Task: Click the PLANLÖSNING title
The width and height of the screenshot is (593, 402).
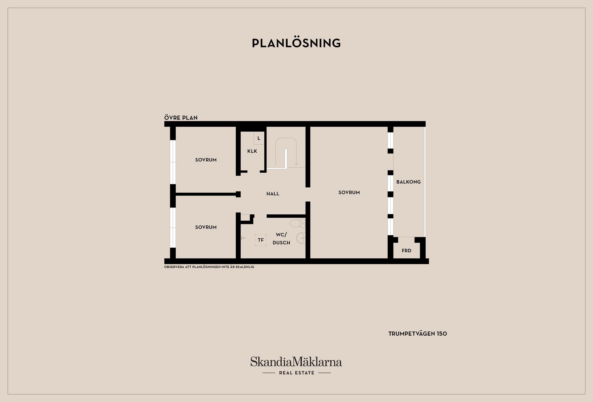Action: pyautogui.click(x=296, y=43)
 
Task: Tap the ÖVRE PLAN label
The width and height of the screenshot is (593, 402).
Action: pyautogui.click(x=181, y=118)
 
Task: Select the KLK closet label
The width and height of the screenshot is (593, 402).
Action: pyautogui.click(x=252, y=151)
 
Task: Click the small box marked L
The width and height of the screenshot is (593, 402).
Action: pyautogui.click(x=259, y=138)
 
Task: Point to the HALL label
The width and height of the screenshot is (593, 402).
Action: pyautogui.click(x=273, y=194)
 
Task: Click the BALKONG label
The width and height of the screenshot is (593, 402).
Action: pyautogui.click(x=408, y=182)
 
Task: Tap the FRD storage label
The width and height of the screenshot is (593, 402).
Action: pyautogui.click(x=406, y=251)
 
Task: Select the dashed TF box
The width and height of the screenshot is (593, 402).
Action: pyautogui.click(x=261, y=240)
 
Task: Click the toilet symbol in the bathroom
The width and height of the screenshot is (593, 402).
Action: pyautogui.click(x=297, y=223)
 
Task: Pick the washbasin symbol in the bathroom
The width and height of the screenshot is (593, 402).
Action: pyautogui.click(x=301, y=238)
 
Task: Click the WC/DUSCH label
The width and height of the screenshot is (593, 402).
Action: pyautogui.click(x=281, y=239)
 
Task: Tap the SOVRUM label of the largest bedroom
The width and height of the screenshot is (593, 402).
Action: pyautogui.click(x=349, y=193)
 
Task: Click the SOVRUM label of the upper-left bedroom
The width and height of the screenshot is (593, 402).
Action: pyautogui.click(x=206, y=160)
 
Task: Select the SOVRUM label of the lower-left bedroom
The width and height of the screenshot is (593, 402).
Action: pyautogui.click(x=206, y=227)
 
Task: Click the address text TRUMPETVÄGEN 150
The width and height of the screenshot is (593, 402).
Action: pyautogui.click(x=418, y=334)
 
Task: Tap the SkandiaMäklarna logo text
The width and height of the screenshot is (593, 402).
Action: pyautogui.click(x=296, y=362)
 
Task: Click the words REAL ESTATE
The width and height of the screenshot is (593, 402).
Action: pyautogui.click(x=296, y=373)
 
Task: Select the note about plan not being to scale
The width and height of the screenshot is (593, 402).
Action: pyautogui.click(x=209, y=267)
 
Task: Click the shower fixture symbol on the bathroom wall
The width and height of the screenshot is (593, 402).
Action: pyautogui.click(x=243, y=238)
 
